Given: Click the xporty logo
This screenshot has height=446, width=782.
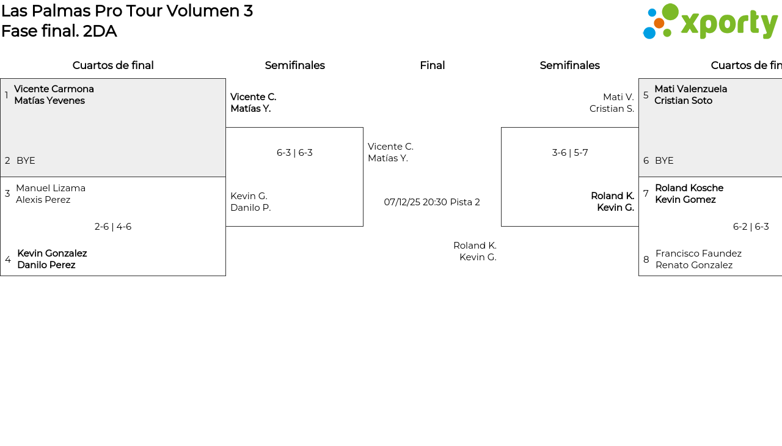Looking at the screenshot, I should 710,22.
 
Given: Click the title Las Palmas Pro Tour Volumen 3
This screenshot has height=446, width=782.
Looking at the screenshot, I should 127,11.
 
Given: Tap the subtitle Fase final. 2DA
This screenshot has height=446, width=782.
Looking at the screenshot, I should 59,31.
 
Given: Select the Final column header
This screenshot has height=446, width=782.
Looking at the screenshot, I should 432,65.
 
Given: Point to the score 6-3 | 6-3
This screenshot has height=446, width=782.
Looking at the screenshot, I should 294,153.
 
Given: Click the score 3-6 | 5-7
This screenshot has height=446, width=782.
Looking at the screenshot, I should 570,153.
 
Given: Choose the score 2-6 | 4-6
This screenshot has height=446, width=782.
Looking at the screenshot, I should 113,227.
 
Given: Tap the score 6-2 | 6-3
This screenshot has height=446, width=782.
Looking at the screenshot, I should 751,227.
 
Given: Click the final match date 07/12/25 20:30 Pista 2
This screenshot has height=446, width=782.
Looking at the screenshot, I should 432,202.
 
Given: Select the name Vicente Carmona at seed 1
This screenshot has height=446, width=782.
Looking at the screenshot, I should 54,89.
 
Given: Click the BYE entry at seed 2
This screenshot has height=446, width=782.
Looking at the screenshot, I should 26,161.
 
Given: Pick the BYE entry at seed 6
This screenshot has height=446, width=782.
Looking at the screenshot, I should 664,161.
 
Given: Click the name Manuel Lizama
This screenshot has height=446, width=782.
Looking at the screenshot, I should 51,188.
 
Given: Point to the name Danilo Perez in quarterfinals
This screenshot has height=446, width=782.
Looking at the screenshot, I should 46,265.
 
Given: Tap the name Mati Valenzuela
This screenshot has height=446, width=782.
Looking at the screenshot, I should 690,89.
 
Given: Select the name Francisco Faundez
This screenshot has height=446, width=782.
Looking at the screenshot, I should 698,254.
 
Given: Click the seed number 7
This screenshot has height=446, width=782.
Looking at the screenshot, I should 646,194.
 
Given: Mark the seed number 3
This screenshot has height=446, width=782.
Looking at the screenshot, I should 7,194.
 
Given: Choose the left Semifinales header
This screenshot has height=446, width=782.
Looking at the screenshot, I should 294,65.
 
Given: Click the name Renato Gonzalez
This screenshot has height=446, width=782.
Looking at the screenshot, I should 694,265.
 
